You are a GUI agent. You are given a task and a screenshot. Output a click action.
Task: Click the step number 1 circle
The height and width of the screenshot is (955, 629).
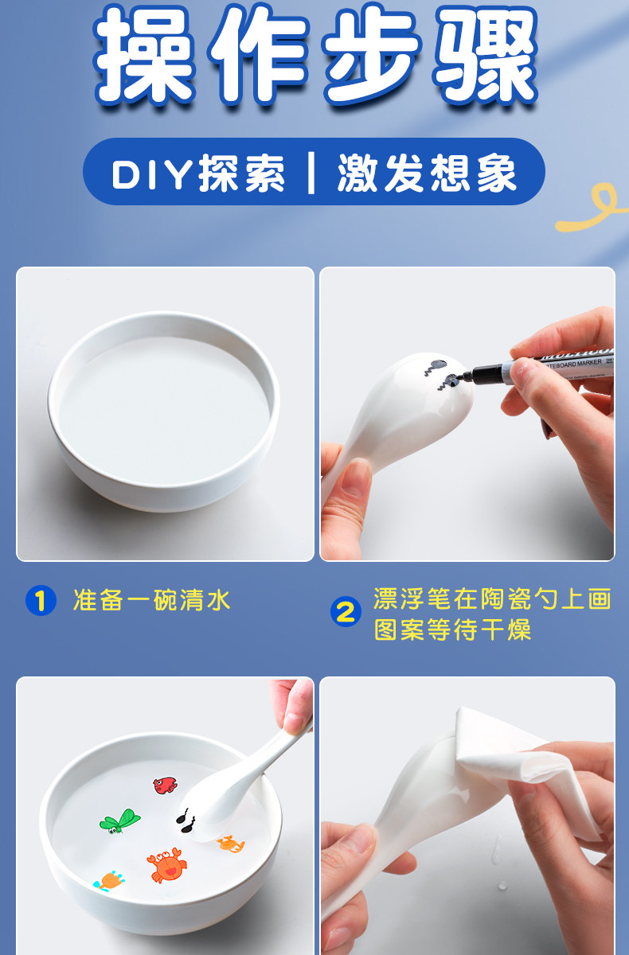41,600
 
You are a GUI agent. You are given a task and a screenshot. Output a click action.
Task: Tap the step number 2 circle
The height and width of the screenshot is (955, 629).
346,611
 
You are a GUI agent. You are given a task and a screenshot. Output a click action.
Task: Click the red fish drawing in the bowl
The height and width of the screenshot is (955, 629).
165,785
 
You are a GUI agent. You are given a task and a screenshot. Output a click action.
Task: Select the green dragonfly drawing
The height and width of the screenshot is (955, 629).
120,821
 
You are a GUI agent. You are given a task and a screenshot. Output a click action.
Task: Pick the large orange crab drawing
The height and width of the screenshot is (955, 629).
166,864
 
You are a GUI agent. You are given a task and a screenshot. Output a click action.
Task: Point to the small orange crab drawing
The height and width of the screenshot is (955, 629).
231,844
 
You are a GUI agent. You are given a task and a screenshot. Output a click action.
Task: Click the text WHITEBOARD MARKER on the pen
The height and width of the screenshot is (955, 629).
572,364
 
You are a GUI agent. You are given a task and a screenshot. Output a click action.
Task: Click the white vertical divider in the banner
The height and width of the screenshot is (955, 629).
311,173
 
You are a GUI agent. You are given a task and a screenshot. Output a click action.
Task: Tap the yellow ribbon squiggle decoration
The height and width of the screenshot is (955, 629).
592,208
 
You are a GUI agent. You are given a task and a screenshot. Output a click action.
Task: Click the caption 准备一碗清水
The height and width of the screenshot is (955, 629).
152,600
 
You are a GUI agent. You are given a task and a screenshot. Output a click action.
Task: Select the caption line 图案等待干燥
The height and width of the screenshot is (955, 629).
453,630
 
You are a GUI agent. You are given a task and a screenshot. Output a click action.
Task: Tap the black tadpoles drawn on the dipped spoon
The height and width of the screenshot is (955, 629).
186,821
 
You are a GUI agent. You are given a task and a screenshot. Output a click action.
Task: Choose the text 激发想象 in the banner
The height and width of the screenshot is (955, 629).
427,173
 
